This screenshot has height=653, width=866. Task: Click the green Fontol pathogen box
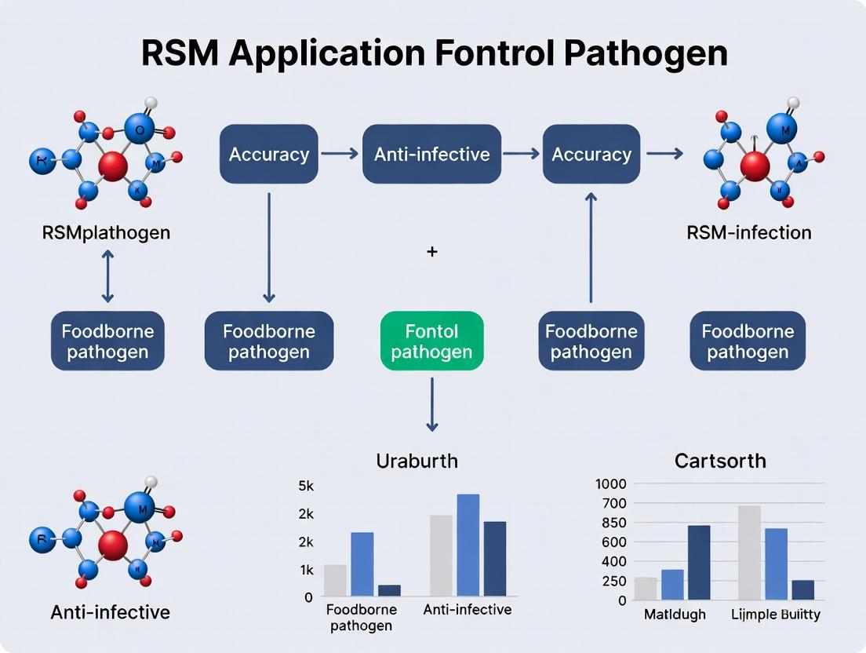coord(431,341)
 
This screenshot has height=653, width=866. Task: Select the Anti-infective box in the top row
coord(431,154)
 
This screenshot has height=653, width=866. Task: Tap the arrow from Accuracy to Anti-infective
coord(340,154)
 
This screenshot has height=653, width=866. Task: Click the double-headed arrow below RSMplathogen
coord(107,276)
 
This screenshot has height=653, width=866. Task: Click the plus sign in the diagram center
coord(431,252)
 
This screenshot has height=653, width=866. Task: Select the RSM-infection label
coord(748,232)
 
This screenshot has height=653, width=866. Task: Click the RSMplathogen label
coord(107,232)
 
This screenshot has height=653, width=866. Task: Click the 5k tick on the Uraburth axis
coord(305,486)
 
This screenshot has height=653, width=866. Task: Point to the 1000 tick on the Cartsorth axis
coord(611,484)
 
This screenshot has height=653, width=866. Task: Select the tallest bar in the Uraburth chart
coord(468,545)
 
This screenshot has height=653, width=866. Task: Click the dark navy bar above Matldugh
coord(699,563)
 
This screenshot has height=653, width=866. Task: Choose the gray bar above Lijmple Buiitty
coord(749,553)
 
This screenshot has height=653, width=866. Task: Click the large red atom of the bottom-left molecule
coord(114,544)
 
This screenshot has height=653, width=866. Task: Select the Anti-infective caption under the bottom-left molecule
coord(110,611)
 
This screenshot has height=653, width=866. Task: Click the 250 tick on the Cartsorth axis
coord(611,582)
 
